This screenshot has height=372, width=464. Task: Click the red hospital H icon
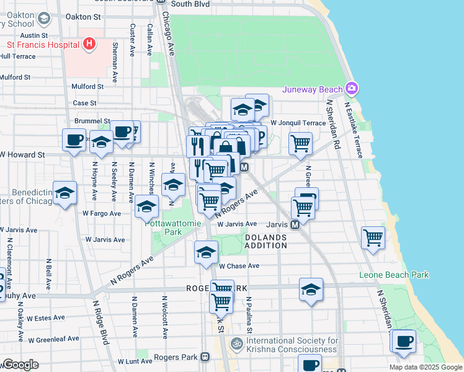(x=89, y=44)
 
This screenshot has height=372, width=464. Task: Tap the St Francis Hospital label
(x=43, y=45)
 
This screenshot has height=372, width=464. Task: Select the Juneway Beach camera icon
(x=352, y=89)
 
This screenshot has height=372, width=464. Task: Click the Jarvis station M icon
(x=296, y=224)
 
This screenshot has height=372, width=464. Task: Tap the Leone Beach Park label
(x=394, y=275)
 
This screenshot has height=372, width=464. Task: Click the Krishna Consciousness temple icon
(x=236, y=343)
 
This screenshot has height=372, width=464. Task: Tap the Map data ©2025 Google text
(x=426, y=367)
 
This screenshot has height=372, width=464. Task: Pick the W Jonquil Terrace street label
(x=298, y=123)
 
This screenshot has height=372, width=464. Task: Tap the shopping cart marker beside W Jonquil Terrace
(x=300, y=143)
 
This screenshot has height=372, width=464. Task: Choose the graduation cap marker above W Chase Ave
(x=206, y=252)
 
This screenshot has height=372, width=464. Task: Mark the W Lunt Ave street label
(x=136, y=360)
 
